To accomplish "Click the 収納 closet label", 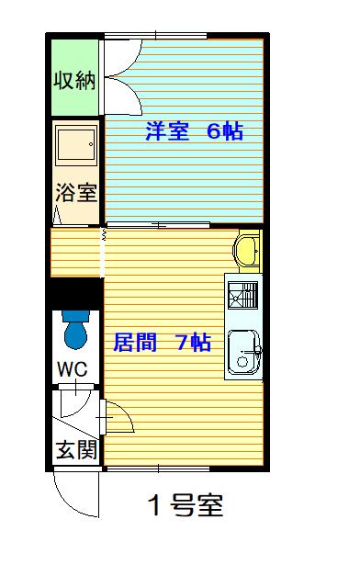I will [x=74, y=80].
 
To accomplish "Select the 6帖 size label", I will [x=224, y=131].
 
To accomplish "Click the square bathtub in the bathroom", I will [x=75, y=144].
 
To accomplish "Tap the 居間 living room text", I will [x=133, y=344].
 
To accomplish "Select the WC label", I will [x=73, y=369].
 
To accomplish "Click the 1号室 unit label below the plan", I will [x=186, y=505].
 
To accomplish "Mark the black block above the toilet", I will [x=74, y=294].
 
